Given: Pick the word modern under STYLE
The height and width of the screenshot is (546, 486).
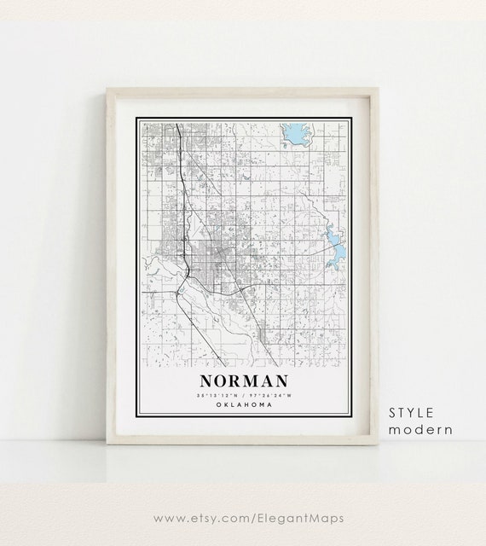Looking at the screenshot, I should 420,430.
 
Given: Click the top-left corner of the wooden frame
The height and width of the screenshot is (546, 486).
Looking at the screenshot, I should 105,88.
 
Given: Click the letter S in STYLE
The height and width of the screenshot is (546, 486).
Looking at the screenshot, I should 392,412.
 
